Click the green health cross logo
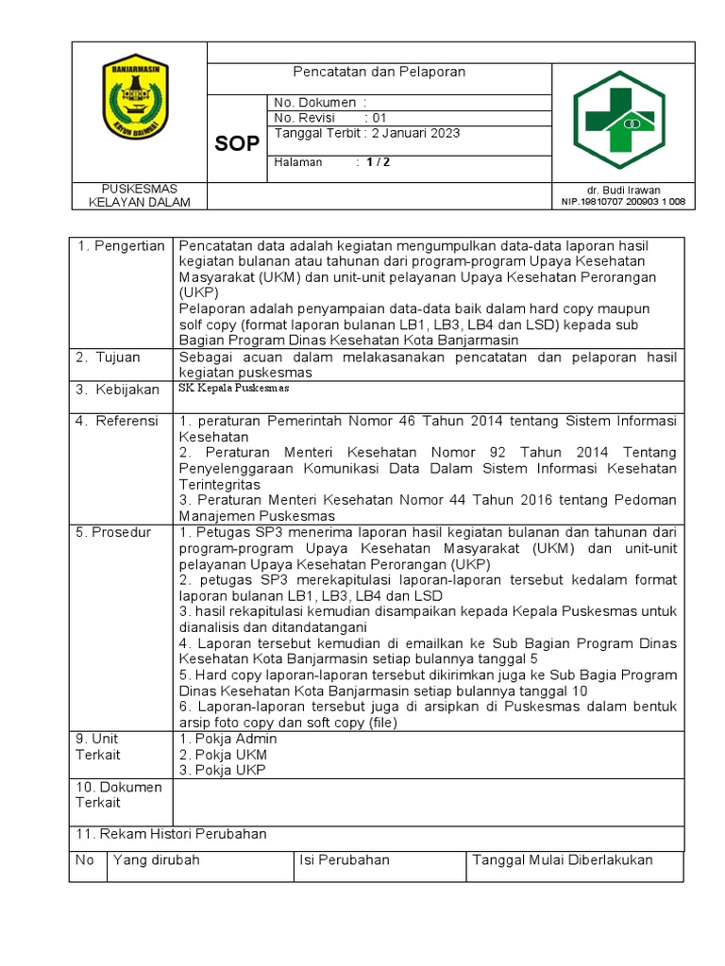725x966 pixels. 620,120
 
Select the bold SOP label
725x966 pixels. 236,143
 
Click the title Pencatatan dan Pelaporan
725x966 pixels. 379,72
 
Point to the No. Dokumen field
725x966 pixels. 320,102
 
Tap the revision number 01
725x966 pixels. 379,118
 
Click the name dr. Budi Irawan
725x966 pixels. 623,190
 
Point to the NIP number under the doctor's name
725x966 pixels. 623,202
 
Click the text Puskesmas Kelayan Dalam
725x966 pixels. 139,195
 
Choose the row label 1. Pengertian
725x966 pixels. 121,246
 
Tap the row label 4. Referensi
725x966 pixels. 117,421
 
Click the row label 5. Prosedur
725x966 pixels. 113,533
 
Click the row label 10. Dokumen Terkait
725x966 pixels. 119,794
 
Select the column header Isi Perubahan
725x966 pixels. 344,860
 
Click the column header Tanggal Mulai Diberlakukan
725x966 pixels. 563,860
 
